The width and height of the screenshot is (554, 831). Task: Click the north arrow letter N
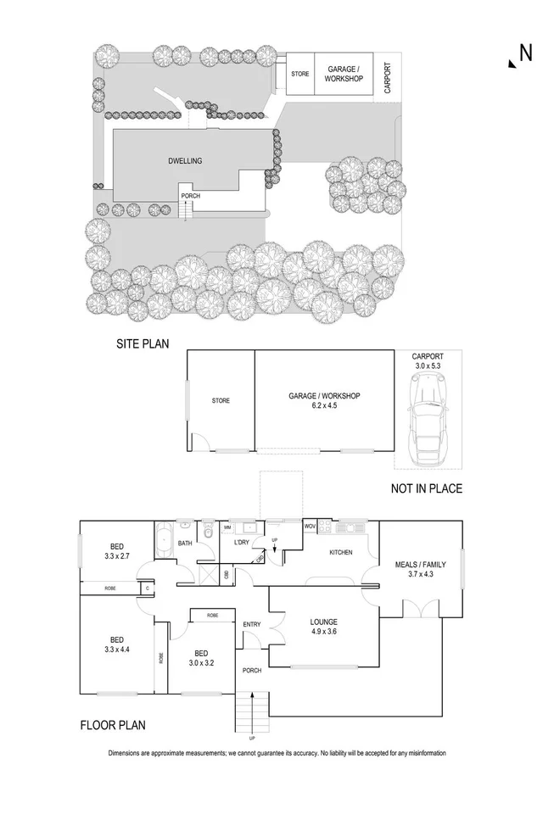pyautogui.click(x=525, y=53)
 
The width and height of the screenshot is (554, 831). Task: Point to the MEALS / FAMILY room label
pyautogui.click(x=421, y=569)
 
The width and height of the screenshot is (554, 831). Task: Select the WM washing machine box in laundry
pyautogui.click(x=227, y=527)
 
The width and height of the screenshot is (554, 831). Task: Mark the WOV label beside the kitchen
pyautogui.click(x=311, y=527)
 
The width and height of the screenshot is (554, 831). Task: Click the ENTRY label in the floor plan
pyautogui.click(x=252, y=624)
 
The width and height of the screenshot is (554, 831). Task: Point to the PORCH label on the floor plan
pyautogui.click(x=251, y=670)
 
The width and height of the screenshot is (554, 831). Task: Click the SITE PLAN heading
pyautogui.click(x=143, y=344)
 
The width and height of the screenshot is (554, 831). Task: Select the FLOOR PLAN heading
pyautogui.click(x=115, y=725)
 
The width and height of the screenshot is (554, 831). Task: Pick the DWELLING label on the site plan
pyautogui.click(x=184, y=159)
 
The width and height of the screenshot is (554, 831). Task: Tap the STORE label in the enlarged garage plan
pyautogui.click(x=221, y=400)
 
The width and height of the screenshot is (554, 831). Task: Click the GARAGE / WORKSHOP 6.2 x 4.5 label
pyautogui.click(x=325, y=401)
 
